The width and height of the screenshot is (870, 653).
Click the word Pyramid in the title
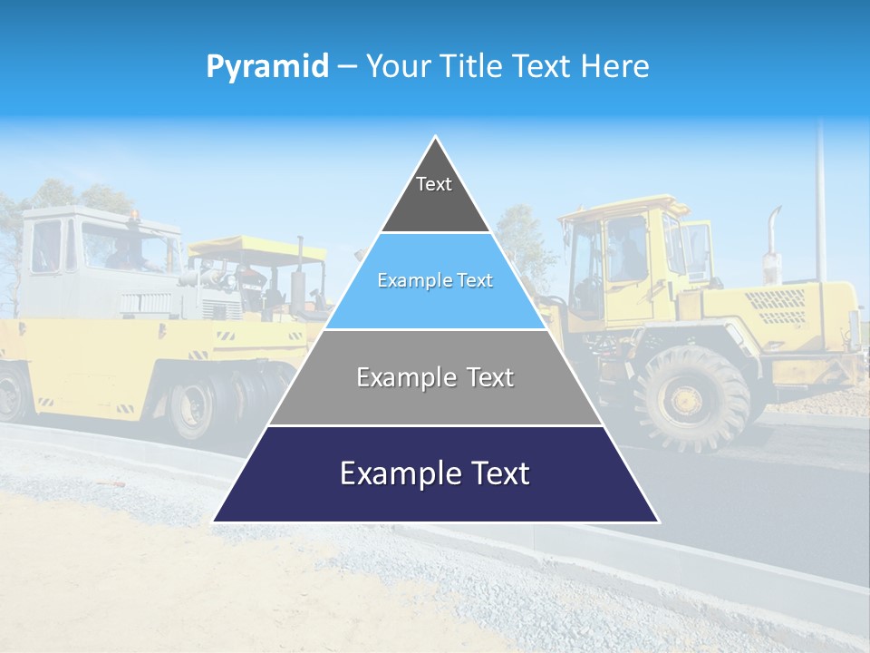click(266, 67)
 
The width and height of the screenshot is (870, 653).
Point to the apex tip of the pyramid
click(436, 138)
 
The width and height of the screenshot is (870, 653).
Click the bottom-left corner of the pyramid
click(215, 521)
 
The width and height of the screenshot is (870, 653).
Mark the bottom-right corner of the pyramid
click(657, 521)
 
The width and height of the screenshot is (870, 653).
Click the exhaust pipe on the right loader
click(773, 236)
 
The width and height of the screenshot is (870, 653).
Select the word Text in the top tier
click(433, 184)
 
